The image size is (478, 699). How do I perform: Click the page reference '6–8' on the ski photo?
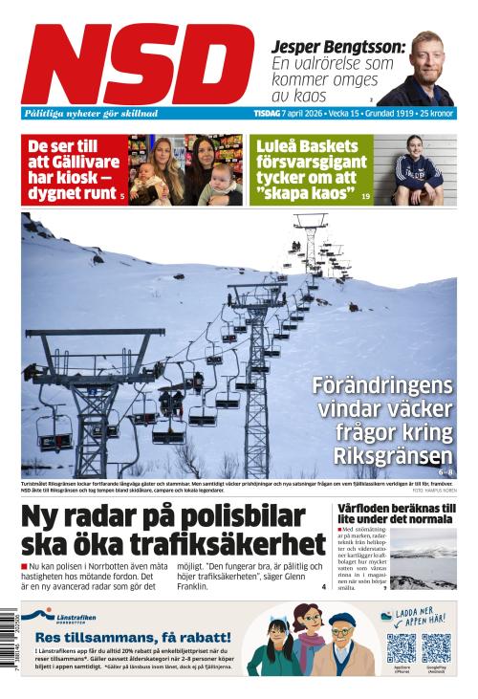click(445, 471)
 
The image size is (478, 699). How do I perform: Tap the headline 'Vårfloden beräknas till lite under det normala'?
click(396, 513)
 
